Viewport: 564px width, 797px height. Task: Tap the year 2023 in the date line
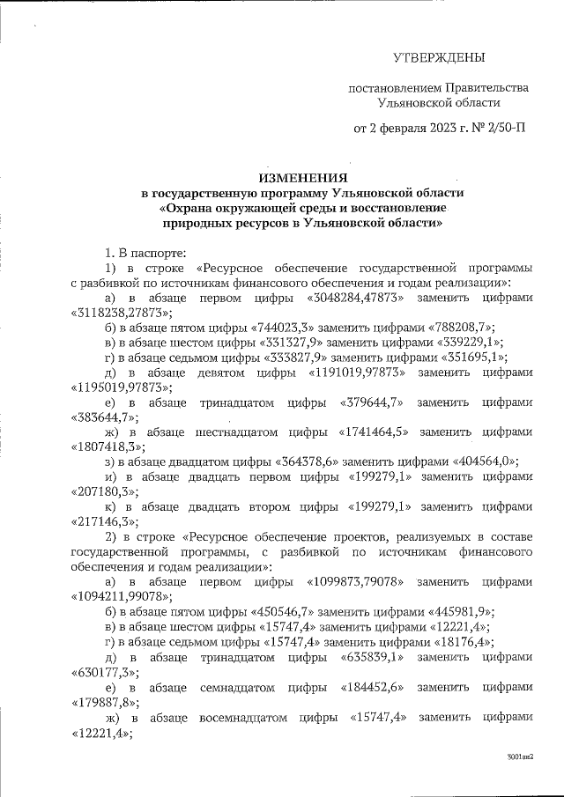[437, 129]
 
